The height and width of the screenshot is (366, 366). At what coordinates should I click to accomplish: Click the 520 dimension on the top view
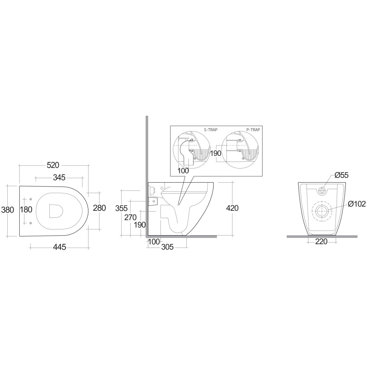click(x=53, y=165)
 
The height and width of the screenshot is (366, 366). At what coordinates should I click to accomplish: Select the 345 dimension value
click(x=59, y=178)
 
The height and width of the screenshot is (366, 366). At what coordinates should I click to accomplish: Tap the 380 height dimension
click(x=8, y=210)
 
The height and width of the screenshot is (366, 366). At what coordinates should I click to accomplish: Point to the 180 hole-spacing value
click(x=26, y=210)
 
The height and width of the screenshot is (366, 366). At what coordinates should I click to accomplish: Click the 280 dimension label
click(x=99, y=208)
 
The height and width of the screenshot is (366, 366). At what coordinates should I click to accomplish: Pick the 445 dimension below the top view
click(x=60, y=247)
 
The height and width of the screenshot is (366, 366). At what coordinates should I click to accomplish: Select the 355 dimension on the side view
click(x=121, y=208)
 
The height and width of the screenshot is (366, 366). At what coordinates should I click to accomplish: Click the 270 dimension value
click(x=131, y=217)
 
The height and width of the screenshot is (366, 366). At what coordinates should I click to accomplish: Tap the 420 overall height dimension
click(x=232, y=208)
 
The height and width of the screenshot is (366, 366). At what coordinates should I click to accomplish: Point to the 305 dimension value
click(x=167, y=247)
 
